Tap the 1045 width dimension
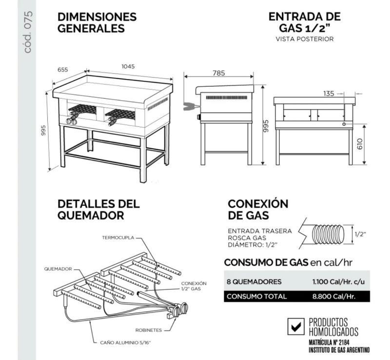128,66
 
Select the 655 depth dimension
63,70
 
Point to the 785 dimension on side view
219,73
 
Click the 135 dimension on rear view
330,93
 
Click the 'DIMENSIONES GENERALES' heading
97,22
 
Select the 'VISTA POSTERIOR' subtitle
305,39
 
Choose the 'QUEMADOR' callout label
58,268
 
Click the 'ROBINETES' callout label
148,330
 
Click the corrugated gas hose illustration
326,234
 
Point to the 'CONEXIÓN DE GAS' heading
258,209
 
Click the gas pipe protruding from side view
189,106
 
